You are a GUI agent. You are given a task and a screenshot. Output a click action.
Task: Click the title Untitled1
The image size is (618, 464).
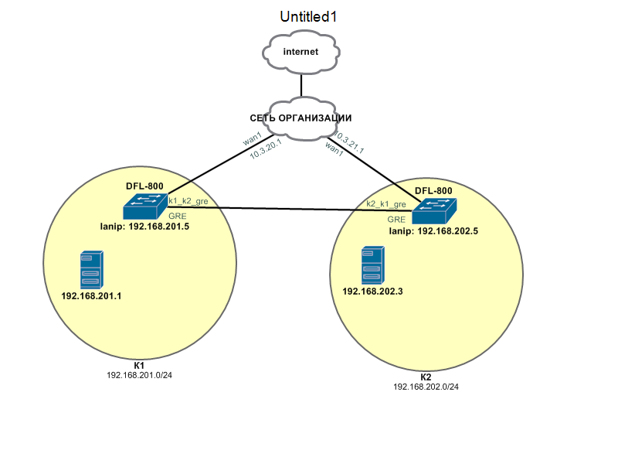coord(309,16)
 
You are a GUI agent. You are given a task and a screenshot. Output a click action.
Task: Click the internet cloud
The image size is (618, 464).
coord(301,53)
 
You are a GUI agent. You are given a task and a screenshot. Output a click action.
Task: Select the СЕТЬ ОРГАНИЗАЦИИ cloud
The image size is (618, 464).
coord(301,118)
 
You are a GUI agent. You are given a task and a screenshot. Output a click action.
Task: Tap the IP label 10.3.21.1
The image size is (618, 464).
coord(348,144)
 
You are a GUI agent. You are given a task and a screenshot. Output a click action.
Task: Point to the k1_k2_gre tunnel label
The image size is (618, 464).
coord(188,201)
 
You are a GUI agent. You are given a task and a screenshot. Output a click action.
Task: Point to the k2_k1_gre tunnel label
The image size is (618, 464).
coord(386,204)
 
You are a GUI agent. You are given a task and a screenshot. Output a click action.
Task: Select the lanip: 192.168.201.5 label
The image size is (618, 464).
coord(144,227)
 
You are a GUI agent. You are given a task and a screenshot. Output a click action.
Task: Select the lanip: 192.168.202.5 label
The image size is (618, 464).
coord(433,230)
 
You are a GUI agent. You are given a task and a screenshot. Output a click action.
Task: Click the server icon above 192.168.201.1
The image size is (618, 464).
coord(90,270)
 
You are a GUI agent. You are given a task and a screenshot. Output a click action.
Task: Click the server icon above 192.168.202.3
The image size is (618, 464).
coord(372,264)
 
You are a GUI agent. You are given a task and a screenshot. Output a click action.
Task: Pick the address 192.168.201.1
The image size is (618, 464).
coord(91,295)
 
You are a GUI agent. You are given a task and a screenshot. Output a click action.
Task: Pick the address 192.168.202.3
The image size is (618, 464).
coord(372,290)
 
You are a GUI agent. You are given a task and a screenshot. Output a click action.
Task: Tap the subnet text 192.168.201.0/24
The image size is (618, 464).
coord(139,374)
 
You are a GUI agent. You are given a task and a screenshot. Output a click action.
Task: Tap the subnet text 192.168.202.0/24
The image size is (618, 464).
coord(426,387)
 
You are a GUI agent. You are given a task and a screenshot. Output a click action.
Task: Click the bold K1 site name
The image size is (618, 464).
coord(139,364)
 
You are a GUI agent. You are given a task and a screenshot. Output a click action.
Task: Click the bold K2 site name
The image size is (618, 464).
coord(426,377)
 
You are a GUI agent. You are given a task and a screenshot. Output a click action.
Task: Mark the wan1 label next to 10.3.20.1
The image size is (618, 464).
coord(253,139)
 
